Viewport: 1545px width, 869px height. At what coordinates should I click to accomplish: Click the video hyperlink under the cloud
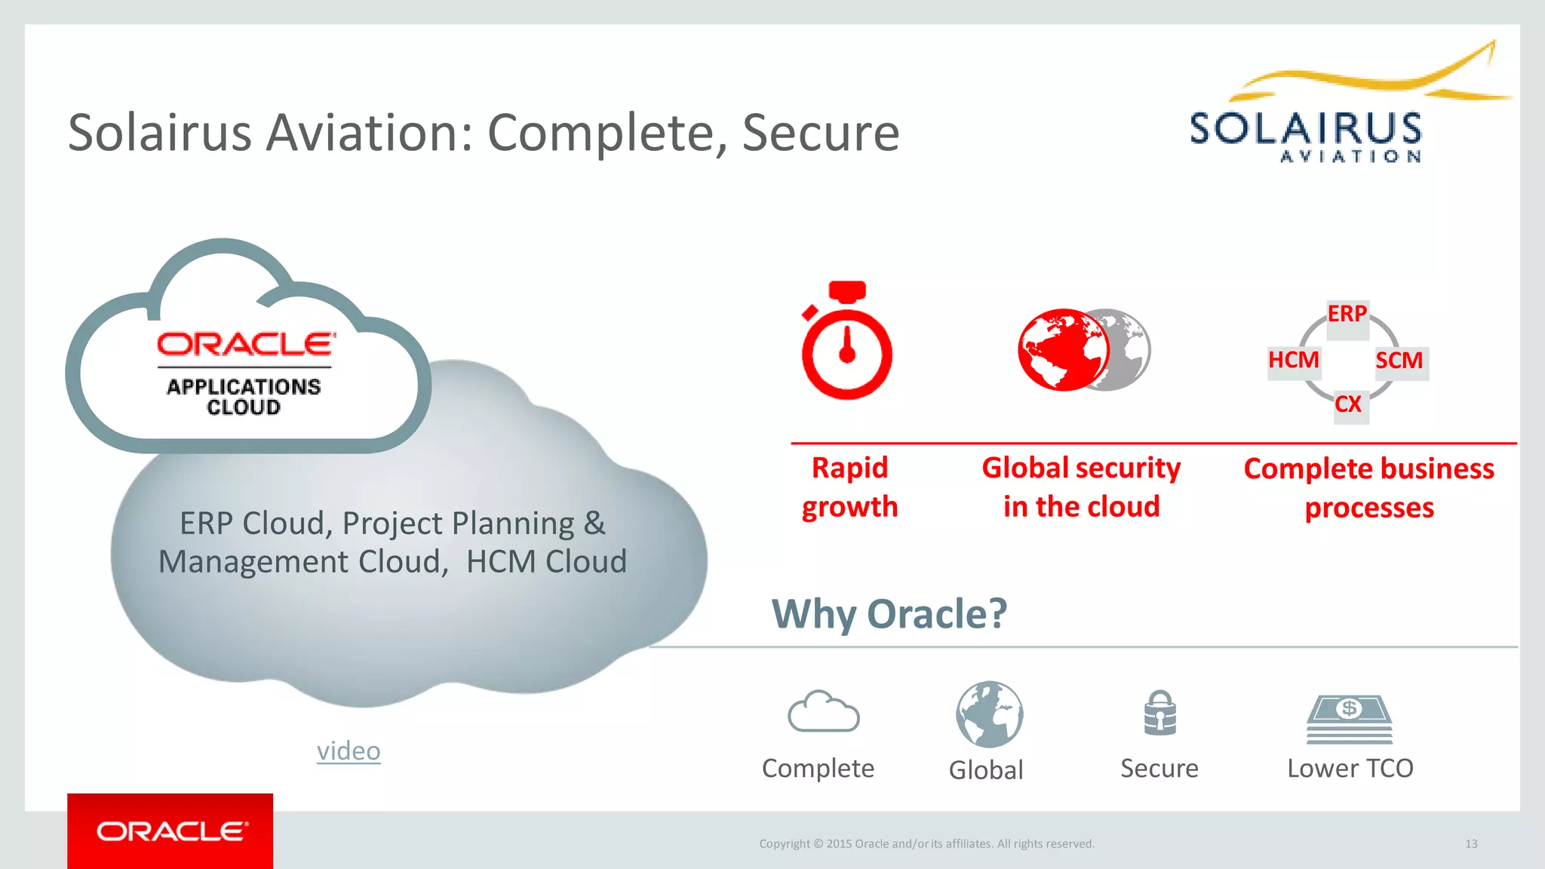tap(349, 751)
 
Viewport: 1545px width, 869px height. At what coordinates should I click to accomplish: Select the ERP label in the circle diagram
tap(1347, 314)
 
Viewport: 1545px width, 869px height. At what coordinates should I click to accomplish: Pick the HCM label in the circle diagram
tap(1293, 360)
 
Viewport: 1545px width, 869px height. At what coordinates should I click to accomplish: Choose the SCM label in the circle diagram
tap(1399, 361)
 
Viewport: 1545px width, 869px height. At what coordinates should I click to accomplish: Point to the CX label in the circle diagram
tap(1348, 404)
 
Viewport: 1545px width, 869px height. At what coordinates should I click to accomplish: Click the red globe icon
tap(1063, 350)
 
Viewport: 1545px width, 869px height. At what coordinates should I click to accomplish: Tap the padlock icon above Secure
tap(1160, 713)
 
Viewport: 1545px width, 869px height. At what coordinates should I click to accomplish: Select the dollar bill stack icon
tap(1349, 718)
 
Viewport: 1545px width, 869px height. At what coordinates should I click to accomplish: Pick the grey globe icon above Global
tap(989, 714)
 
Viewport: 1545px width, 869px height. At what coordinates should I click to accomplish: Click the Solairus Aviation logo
tap(1328, 113)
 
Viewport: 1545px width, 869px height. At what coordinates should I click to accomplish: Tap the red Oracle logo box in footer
tap(170, 831)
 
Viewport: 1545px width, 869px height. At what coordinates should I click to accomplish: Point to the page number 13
tap(1471, 844)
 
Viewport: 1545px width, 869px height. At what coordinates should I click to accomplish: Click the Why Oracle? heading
tap(889, 613)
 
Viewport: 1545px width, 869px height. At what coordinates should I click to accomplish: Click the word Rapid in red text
tap(849, 468)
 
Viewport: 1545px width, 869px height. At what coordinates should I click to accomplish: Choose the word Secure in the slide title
tap(821, 133)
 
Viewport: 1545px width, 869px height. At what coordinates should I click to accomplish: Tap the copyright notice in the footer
tap(926, 844)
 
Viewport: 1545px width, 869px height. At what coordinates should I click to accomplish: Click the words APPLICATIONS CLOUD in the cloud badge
tap(244, 397)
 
